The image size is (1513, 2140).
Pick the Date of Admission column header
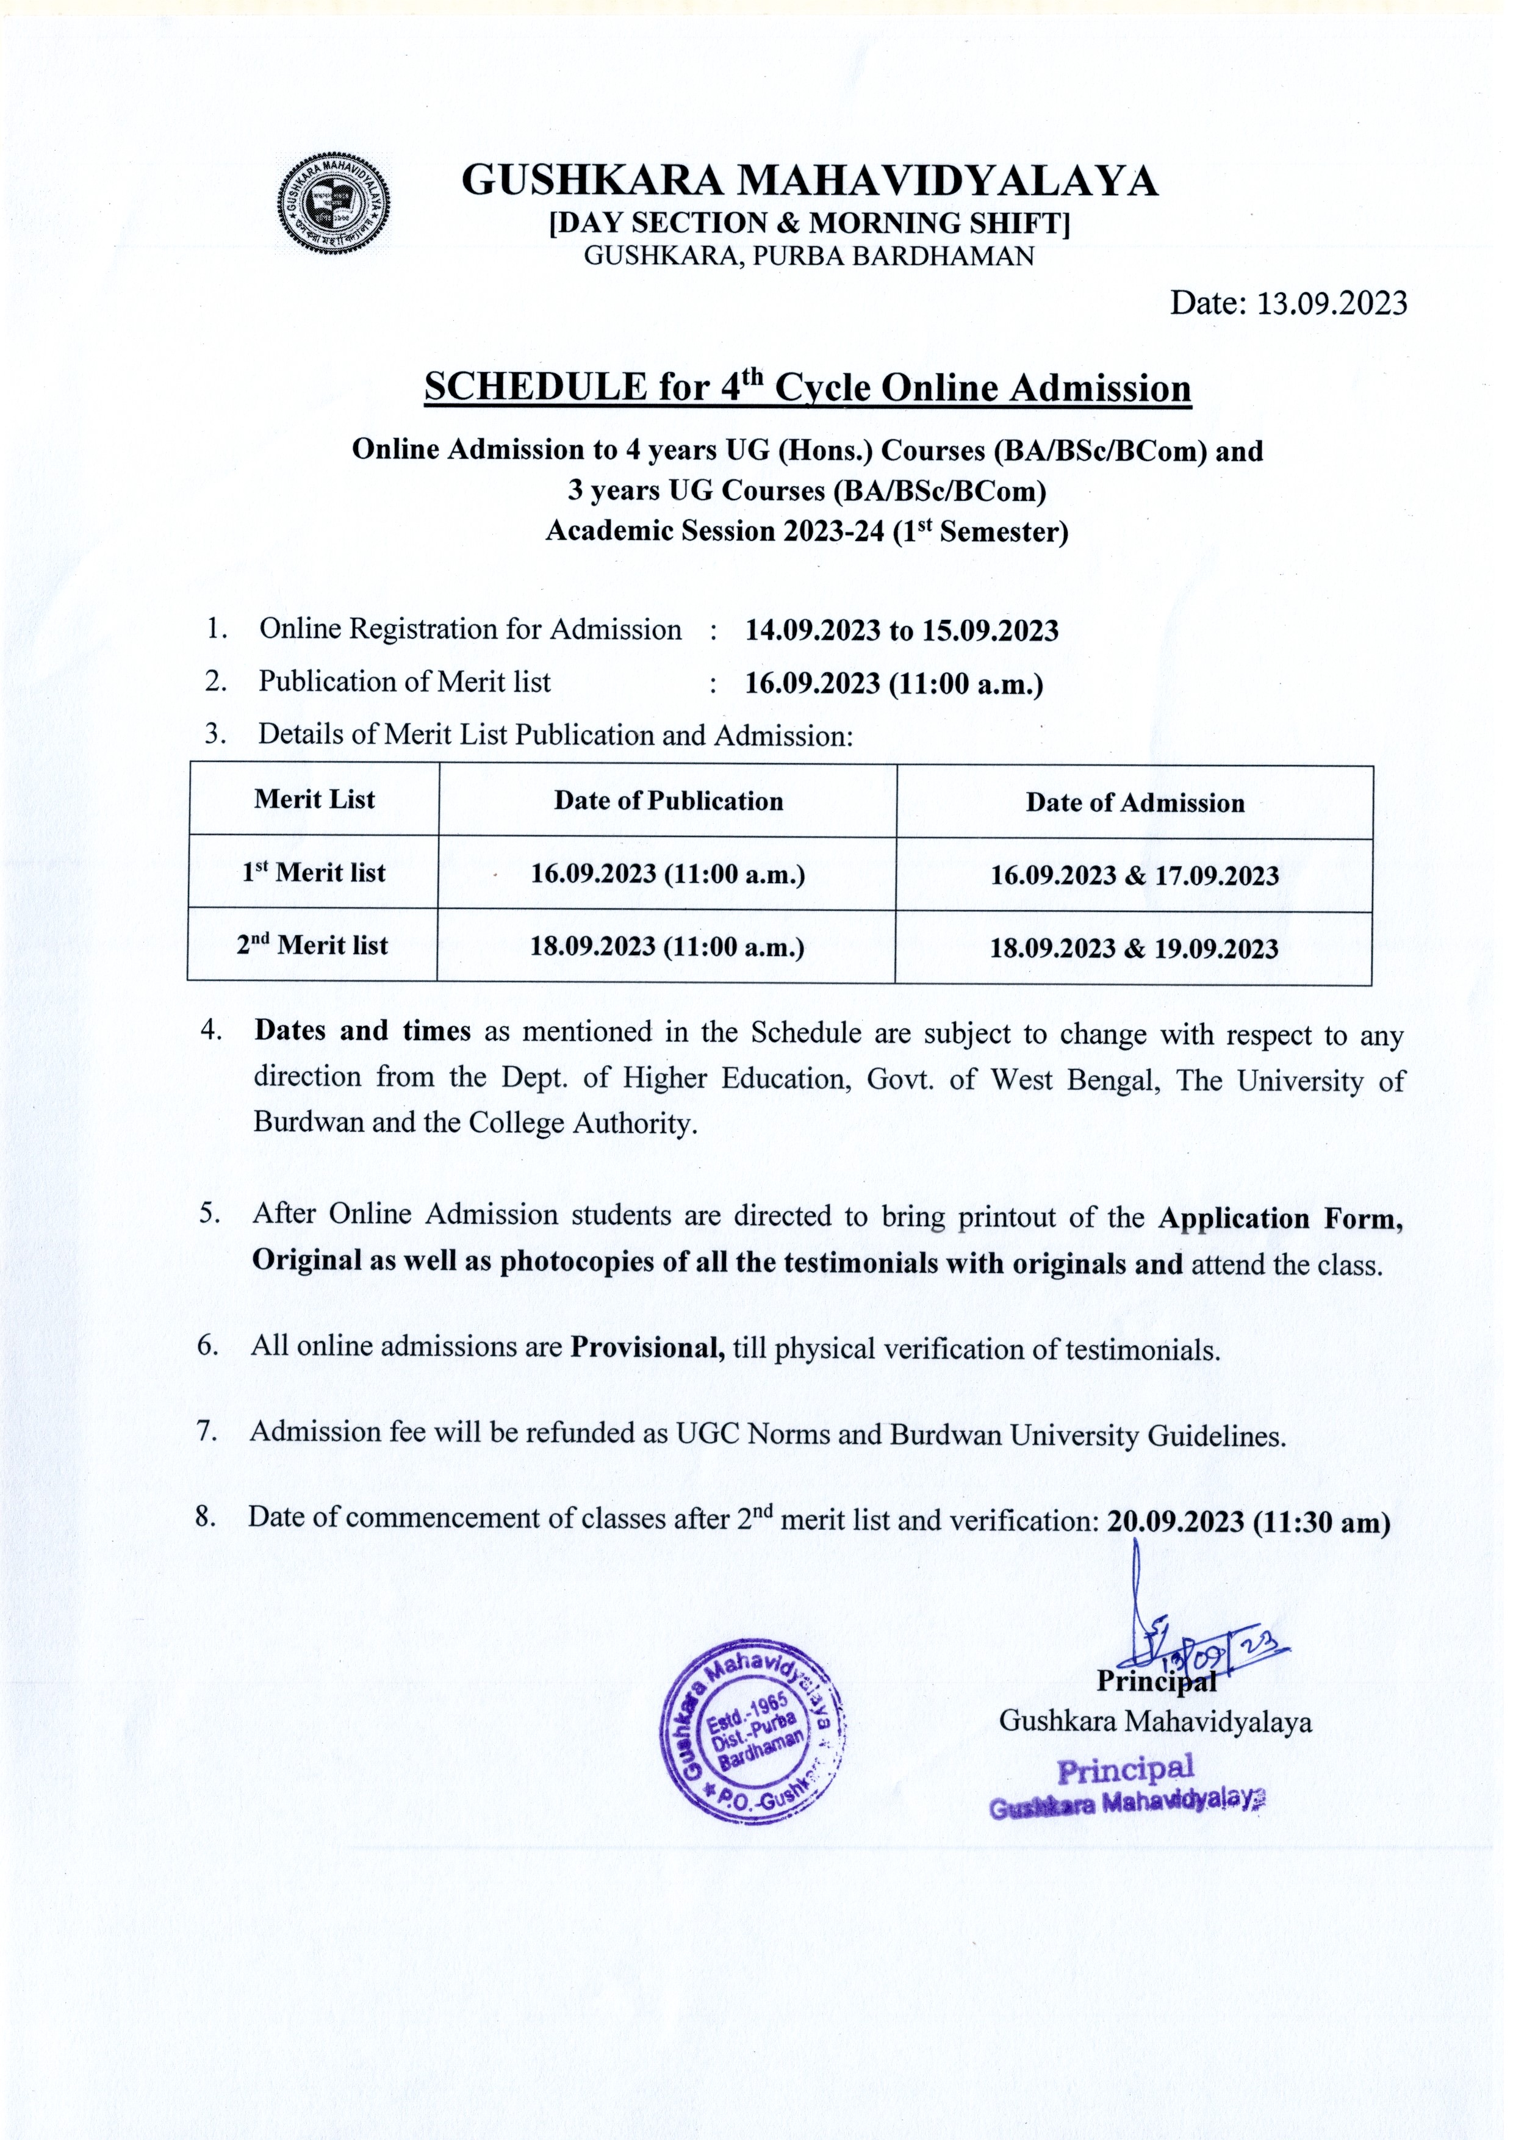[x=1135, y=803]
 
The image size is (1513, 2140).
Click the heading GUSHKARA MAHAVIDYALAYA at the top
[x=809, y=180]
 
